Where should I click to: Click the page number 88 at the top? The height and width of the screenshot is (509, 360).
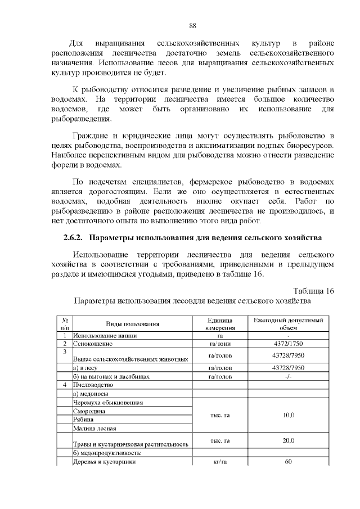(192, 26)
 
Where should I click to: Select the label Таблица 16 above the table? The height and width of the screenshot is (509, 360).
(314, 291)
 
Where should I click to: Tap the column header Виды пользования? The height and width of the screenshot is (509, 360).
(133, 324)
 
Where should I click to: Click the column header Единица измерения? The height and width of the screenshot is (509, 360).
(220, 324)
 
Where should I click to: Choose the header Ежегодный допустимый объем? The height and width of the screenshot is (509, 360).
(288, 324)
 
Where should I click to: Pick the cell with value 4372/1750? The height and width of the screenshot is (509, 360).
(288, 343)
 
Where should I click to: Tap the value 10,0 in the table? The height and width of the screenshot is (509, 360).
(288, 415)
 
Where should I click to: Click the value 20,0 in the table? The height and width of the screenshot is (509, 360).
(288, 440)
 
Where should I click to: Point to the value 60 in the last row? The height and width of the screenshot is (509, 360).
(288, 462)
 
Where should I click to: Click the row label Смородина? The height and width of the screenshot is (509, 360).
(90, 411)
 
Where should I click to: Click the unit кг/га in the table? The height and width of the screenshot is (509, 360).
(220, 462)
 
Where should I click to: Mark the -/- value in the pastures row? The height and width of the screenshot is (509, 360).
(288, 376)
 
